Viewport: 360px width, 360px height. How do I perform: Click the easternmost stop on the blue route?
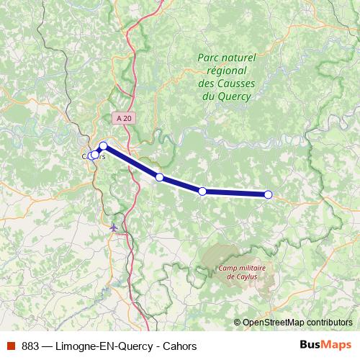click(268, 194)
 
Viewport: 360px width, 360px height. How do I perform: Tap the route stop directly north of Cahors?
click(103, 145)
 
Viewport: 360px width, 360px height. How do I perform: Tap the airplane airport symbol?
click(114, 228)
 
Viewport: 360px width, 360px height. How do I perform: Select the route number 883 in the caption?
click(30, 346)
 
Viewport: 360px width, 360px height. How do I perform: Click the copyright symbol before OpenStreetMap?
click(238, 323)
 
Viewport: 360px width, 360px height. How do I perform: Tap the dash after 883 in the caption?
click(47, 346)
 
